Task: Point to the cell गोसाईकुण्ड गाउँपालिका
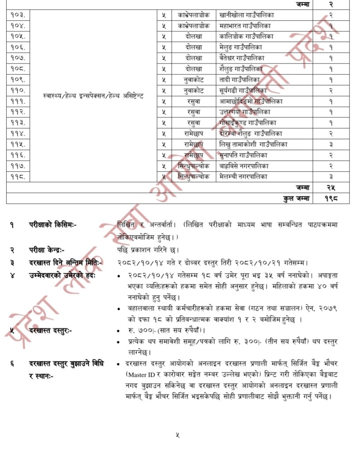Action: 247,123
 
